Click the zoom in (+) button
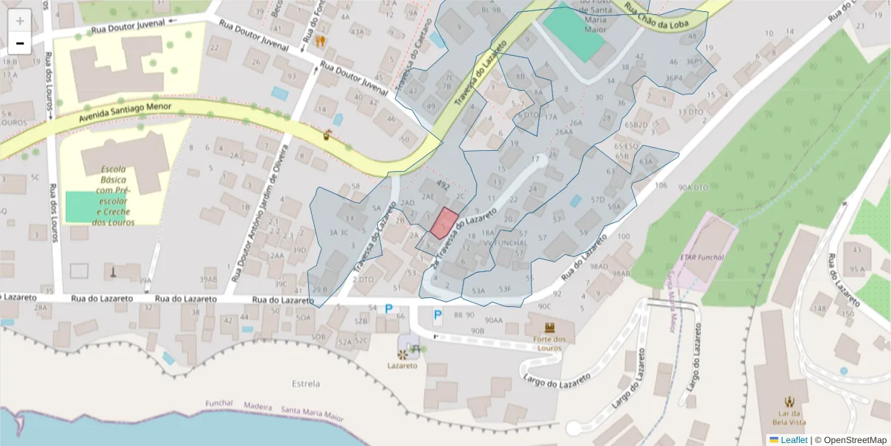point(20,21)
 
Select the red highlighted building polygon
point(444,223)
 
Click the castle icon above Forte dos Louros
point(549,328)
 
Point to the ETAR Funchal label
point(702,257)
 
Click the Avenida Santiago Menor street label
point(125,112)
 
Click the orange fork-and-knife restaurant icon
point(321,41)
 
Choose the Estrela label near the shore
point(306,384)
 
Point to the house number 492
point(443,184)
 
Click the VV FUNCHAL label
point(505,242)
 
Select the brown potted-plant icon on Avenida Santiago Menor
point(327,135)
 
